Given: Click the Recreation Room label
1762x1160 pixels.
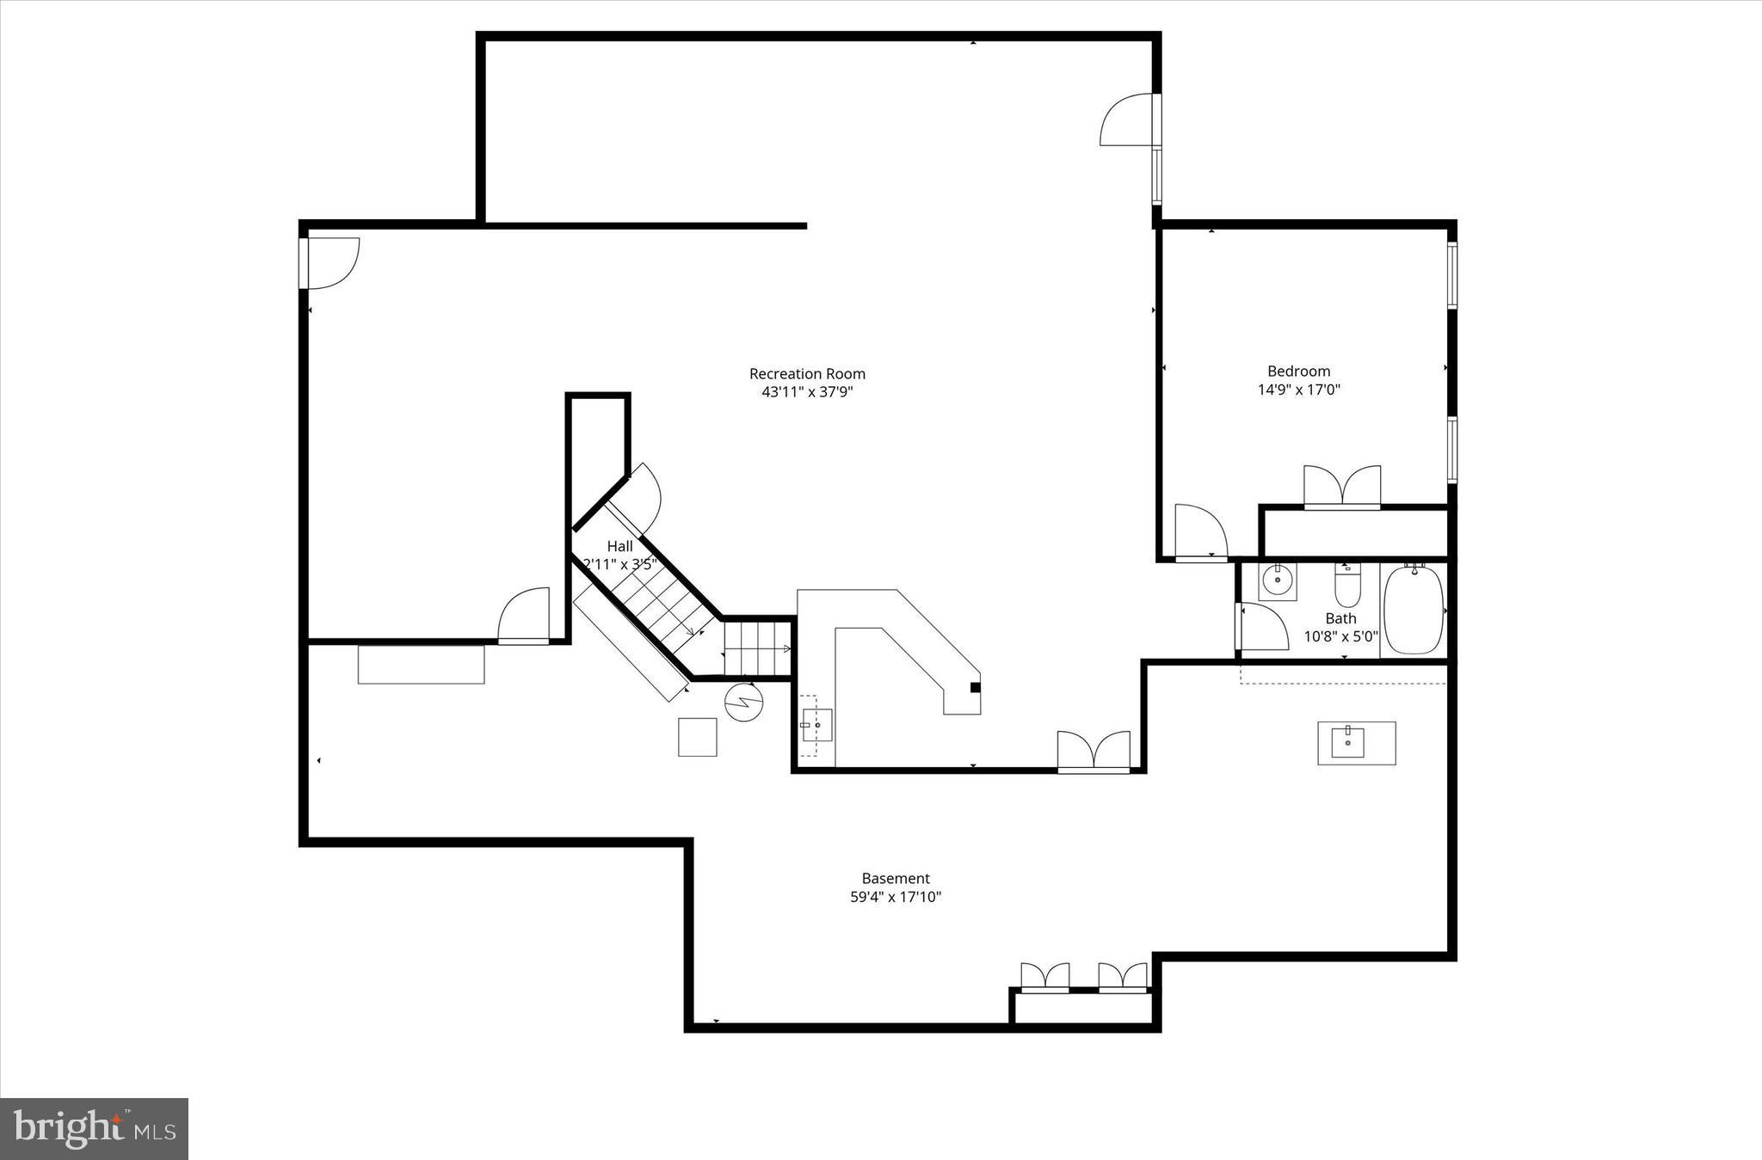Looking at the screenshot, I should (x=807, y=374).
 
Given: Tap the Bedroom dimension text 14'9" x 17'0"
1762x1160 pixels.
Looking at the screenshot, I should (x=1299, y=390).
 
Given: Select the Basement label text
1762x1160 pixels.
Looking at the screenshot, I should (x=896, y=878).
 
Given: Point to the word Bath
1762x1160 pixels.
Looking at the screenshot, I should (x=1340, y=618).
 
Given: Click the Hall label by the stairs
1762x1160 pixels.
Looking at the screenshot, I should (x=619, y=546).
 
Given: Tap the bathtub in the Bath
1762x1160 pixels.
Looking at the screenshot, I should (x=1413, y=610).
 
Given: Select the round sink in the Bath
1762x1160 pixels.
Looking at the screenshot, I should (x=1278, y=580).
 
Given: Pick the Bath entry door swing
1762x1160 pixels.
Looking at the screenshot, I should (x=1261, y=626).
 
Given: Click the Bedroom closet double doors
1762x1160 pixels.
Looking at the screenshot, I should (x=1342, y=487).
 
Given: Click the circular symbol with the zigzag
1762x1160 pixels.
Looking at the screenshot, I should (x=744, y=702).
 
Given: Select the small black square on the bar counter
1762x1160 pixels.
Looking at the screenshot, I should (x=975, y=687).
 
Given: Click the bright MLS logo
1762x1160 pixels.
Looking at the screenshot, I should (x=94, y=1129).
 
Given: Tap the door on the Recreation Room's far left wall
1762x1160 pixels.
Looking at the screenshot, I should (x=330, y=263).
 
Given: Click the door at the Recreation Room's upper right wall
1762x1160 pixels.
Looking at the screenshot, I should (x=1129, y=120).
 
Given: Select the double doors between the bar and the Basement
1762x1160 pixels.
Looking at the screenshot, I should (x=1094, y=751).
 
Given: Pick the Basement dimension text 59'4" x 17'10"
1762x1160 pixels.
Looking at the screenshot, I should (x=896, y=897).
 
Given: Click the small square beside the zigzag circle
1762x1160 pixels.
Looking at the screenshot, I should (x=697, y=737).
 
